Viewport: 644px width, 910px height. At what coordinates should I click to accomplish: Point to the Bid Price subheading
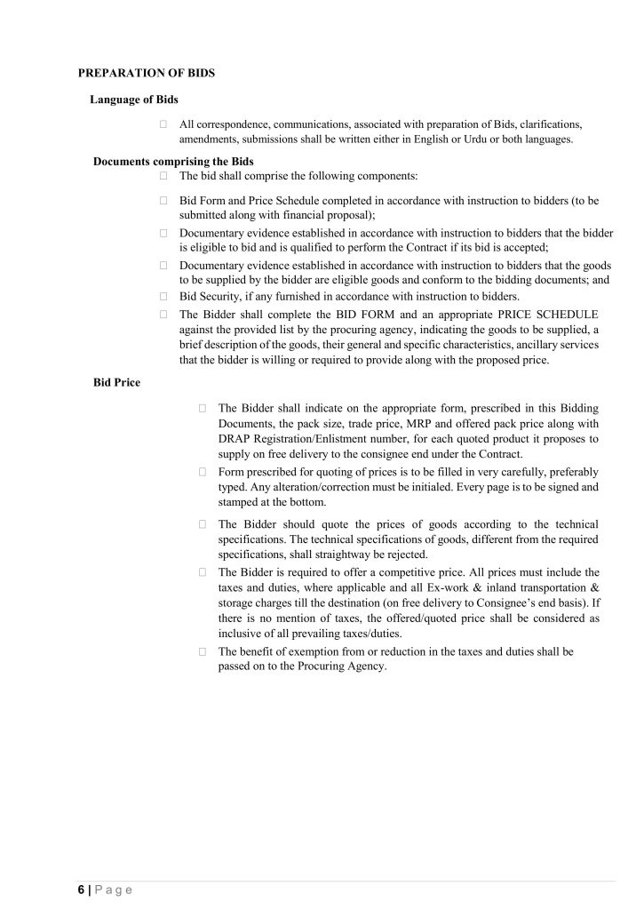point(116,383)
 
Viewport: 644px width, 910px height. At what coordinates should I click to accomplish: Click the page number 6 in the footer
point(80,890)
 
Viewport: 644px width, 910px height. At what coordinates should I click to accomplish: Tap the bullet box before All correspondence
point(164,124)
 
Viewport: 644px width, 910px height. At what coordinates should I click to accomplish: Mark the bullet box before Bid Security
point(164,297)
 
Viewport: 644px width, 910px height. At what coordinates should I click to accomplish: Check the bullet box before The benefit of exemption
point(203,651)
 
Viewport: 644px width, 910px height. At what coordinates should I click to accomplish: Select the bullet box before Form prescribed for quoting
point(203,472)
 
